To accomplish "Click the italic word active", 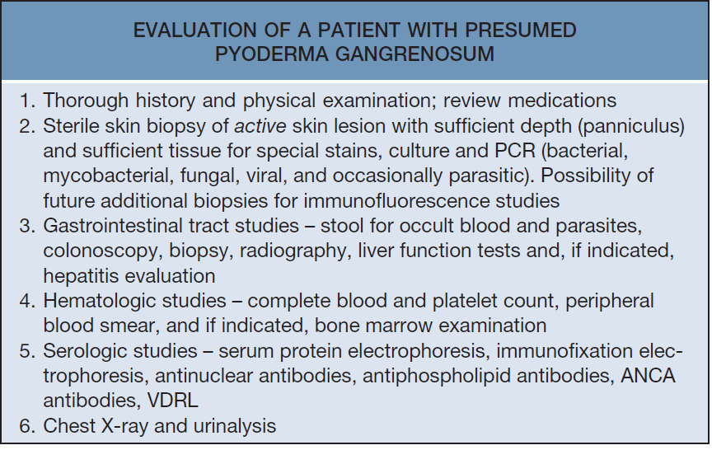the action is coord(260,126).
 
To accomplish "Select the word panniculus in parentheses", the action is coord(631,126).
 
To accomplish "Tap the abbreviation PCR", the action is coord(515,151).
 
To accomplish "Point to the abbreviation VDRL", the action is coord(172,401).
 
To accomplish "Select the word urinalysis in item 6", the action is coord(235,426).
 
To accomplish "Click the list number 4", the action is coord(27,301).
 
